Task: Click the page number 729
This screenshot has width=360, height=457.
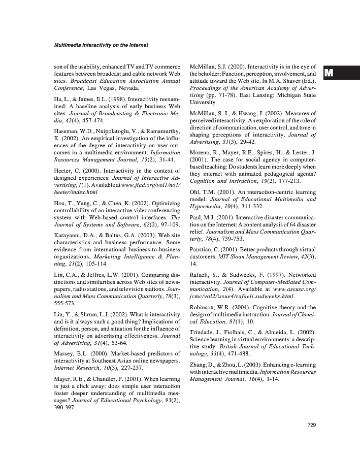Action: [312, 425]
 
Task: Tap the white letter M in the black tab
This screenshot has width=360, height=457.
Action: [328, 73]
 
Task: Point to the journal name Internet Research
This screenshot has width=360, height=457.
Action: [77, 368]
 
